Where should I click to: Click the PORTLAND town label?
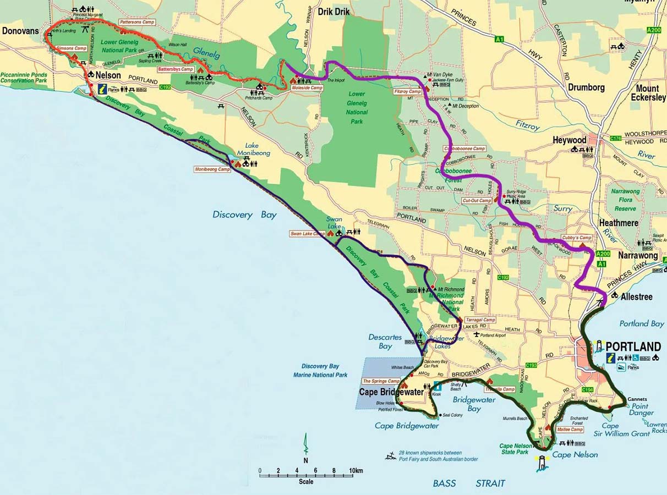(x=633, y=346)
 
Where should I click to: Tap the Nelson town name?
(x=108, y=75)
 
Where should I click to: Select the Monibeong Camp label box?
(x=212, y=169)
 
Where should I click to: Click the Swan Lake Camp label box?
(x=308, y=234)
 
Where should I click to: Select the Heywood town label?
(x=570, y=140)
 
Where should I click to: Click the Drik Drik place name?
(x=333, y=11)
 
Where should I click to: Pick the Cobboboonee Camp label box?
(x=464, y=148)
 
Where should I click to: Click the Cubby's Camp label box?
(x=576, y=238)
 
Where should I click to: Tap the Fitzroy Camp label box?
(x=408, y=91)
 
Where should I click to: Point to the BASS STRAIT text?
(x=469, y=483)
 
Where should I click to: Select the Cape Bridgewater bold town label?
(x=391, y=392)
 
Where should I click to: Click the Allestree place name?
(x=636, y=297)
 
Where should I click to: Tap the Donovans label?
(x=20, y=31)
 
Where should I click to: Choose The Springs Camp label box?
(x=381, y=381)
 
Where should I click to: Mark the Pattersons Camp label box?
(x=136, y=23)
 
